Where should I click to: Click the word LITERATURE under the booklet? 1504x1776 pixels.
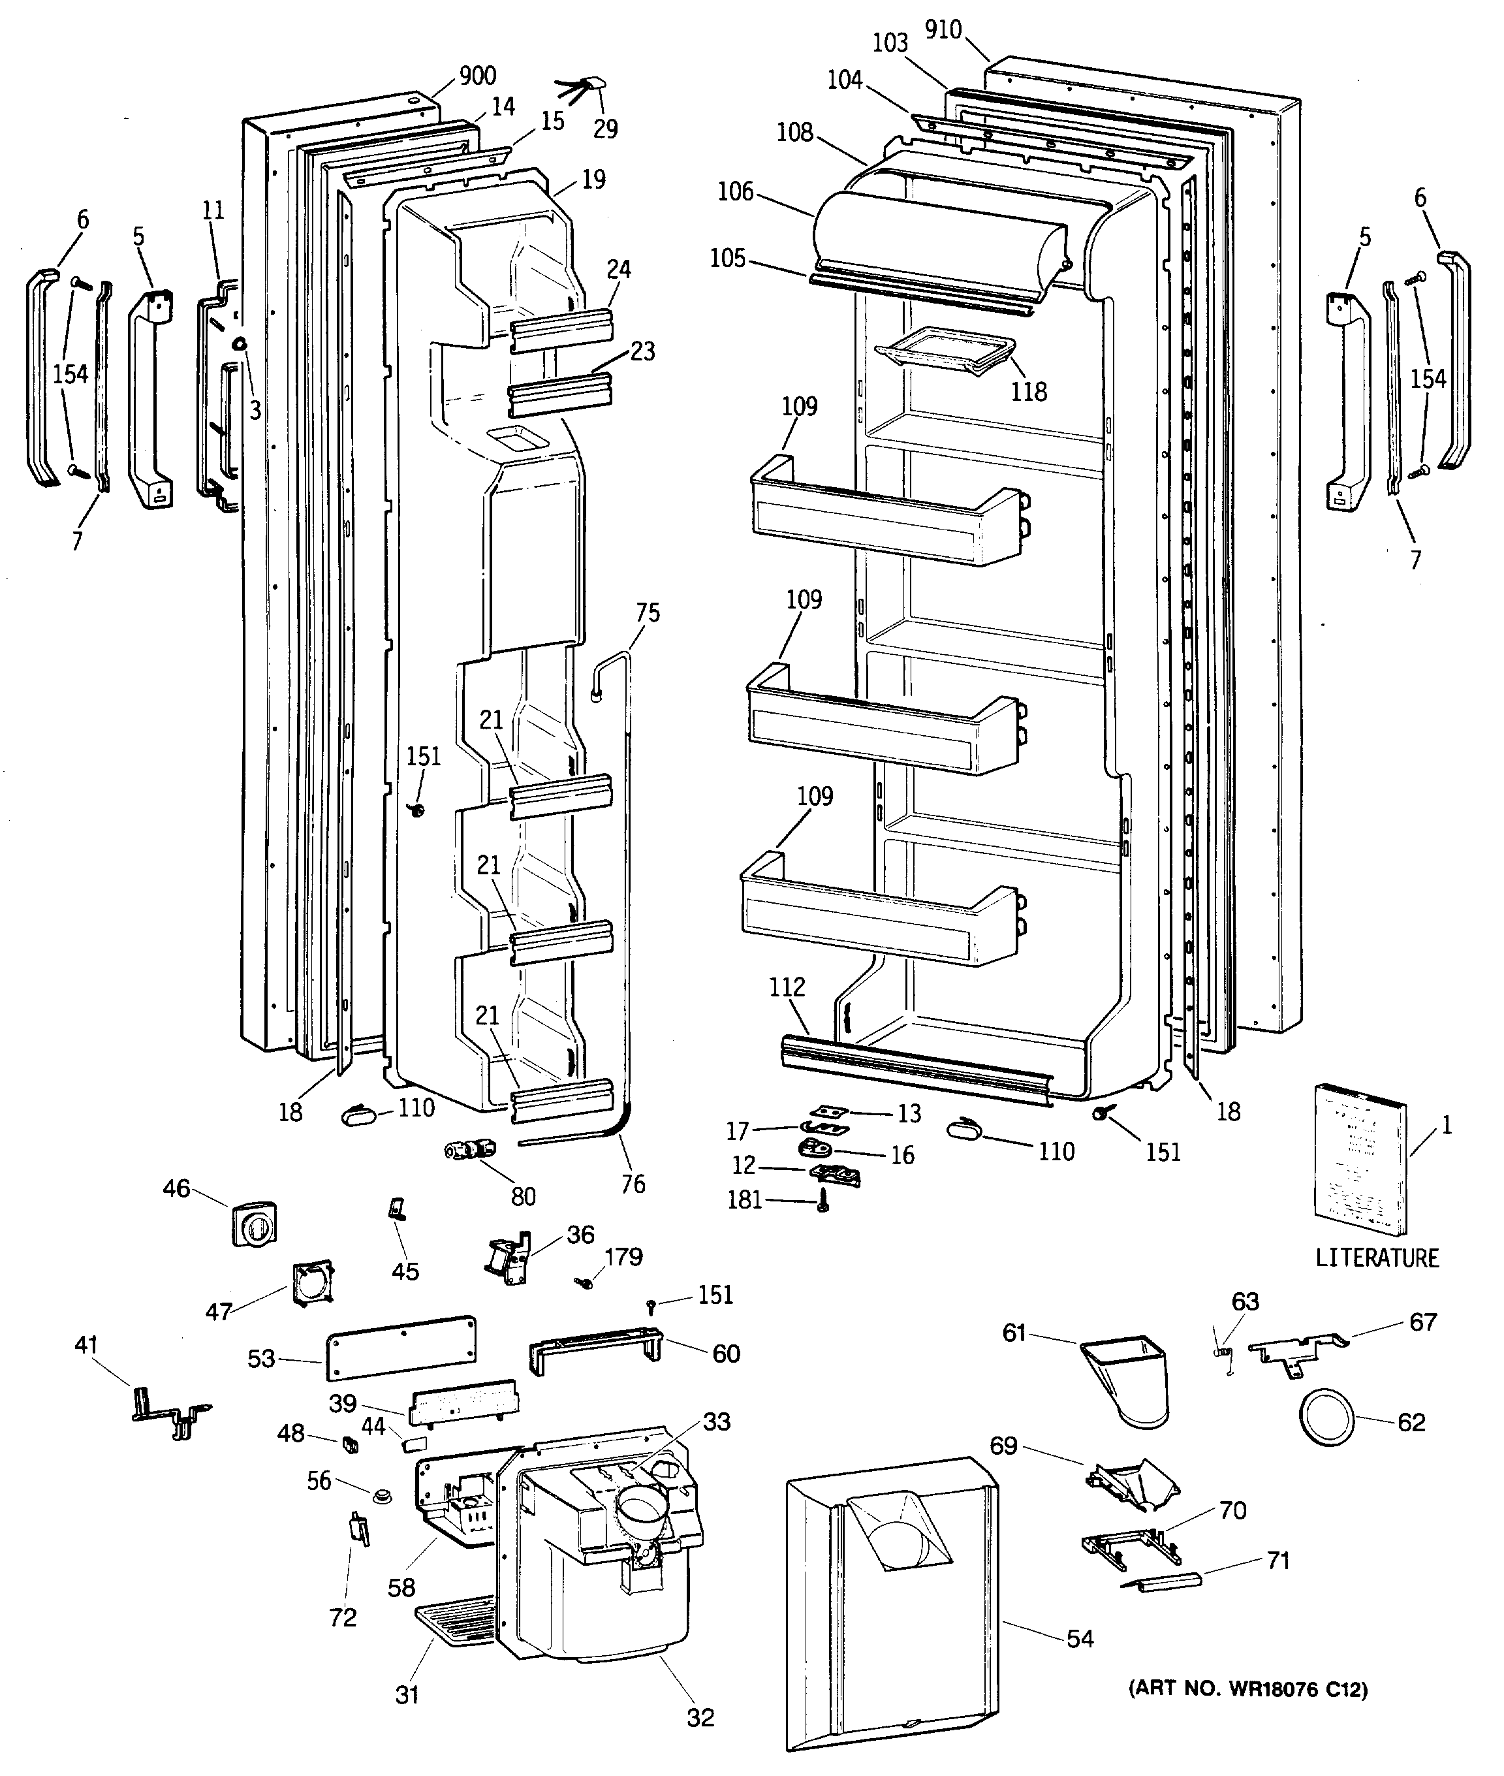tap(1377, 1258)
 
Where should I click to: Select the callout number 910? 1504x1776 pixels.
tap(943, 30)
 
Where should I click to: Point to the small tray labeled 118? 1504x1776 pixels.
tap(947, 353)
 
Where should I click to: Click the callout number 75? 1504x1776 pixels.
tap(648, 612)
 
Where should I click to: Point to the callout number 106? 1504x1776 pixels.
tap(736, 191)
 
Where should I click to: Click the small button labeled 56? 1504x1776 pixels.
tap(381, 1495)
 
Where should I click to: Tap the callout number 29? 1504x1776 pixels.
tap(604, 128)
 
